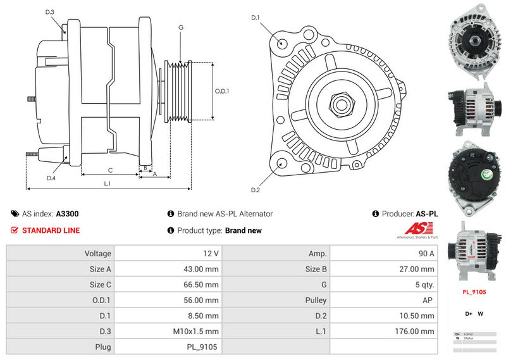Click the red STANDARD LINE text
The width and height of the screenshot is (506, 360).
point(51,230)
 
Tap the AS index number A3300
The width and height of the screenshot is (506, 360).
point(67,214)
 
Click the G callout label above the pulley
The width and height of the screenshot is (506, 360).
point(181,27)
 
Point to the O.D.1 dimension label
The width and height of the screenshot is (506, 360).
point(222,91)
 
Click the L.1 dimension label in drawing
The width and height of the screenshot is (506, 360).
point(108,183)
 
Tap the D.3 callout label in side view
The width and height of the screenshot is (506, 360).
point(50,12)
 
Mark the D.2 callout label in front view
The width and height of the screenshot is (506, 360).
point(256,190)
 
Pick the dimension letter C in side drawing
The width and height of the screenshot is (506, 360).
point(110,170)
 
